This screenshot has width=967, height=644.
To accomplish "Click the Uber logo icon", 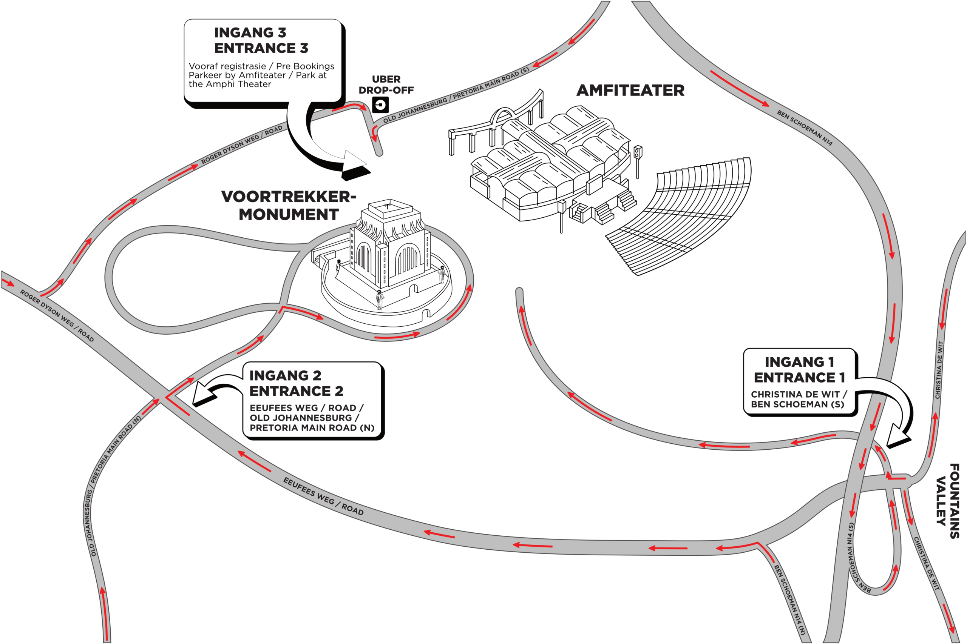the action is tap(380, 105).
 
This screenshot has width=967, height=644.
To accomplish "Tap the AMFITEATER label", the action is tap(630, 90).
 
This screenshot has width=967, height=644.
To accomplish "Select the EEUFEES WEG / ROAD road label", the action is tap(323, 496).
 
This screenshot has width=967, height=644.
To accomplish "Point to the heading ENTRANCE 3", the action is tap(261, 48).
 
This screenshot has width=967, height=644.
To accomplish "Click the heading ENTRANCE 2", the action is tap(296, 390).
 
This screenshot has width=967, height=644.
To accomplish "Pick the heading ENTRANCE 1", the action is tap(799, 377).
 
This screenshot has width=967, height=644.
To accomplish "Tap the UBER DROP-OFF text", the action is tap(386, 84).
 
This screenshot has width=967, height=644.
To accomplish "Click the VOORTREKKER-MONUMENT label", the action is tap(289, 205).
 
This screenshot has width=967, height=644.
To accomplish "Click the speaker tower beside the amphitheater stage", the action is tap(637, 162).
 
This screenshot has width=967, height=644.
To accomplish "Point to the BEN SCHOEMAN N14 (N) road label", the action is tap(789, 599).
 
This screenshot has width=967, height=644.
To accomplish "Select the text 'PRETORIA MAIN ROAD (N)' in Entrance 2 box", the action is tap(312, 427).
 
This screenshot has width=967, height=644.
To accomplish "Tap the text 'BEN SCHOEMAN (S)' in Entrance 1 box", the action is tap(797, 404).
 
